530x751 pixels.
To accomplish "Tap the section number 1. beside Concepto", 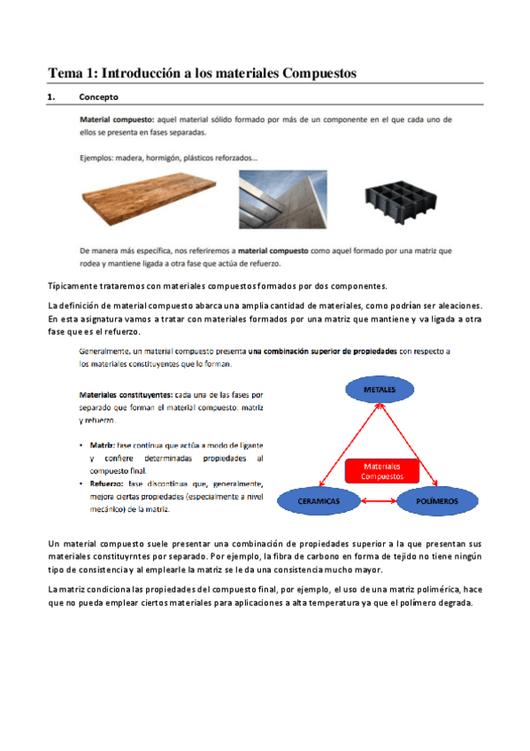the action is point(51,96).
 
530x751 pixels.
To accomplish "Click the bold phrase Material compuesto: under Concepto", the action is point(117,118).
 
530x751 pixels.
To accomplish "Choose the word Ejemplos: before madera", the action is point(96,159).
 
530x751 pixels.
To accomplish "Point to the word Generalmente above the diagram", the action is point(104,351).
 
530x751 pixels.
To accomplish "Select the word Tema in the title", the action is point(64,73).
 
